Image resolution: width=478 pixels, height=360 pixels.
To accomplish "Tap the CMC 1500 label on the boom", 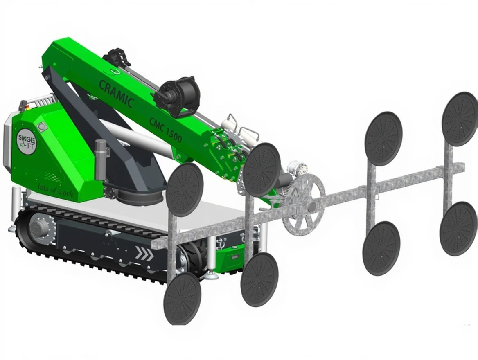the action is point(165,130).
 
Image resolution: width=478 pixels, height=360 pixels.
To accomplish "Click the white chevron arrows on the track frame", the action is point(145,254).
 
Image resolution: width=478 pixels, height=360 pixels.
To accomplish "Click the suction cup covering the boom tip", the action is point(262,170).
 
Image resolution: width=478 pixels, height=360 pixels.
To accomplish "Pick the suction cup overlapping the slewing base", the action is point(185,189).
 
